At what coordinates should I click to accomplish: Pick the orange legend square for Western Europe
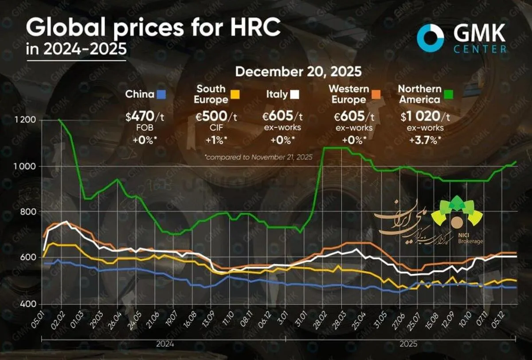[376, 94]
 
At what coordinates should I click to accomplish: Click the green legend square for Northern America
[448, 94]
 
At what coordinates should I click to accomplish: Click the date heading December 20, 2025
[298, 71]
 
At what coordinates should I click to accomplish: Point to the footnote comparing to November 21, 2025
[259, 157]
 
